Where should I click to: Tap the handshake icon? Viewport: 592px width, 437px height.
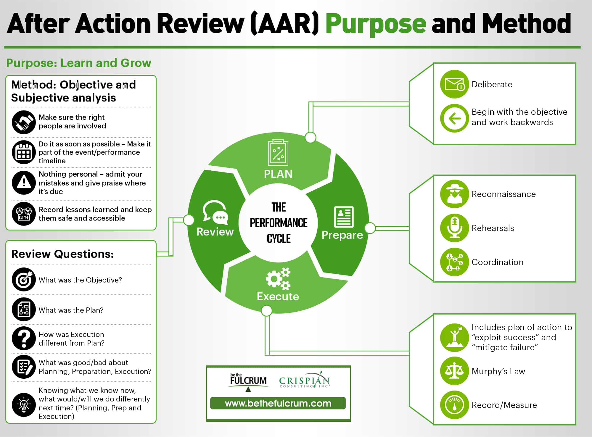[24, 122]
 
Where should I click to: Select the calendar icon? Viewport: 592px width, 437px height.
[24, 152]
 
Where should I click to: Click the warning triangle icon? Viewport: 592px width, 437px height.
[24, 183]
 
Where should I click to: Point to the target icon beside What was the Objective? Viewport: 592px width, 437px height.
[24, 280]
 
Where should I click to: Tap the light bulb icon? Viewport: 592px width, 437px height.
[24, 405]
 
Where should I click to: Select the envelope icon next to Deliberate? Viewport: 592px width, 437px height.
[454, 84]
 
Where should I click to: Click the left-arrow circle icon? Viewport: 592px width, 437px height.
[454, 118]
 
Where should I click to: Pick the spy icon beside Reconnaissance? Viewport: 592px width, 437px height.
[454, 194]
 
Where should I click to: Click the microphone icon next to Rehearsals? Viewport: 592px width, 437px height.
[454, 228]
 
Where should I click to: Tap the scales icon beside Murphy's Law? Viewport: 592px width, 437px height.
[454, 371]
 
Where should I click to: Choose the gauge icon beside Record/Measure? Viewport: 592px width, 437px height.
[454, 405]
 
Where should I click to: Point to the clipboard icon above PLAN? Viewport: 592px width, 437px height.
[278, 153]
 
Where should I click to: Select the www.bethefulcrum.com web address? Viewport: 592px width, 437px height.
[278, 403]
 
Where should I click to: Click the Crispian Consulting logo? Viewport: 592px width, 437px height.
[305, 380]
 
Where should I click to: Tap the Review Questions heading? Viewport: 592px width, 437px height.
[62, 254]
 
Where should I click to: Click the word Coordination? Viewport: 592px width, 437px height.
[498, 262]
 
